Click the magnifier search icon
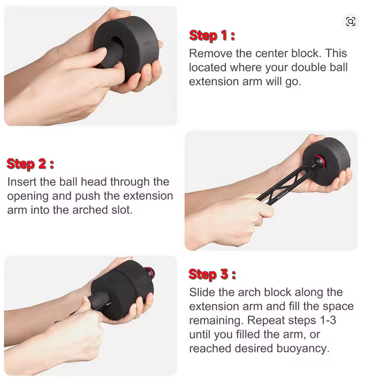point(351,22)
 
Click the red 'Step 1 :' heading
point(212,36)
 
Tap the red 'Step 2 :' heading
point(30,164)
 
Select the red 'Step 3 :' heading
point(212,274)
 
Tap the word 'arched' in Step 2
point(90,210)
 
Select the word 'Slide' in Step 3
point(202,292)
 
